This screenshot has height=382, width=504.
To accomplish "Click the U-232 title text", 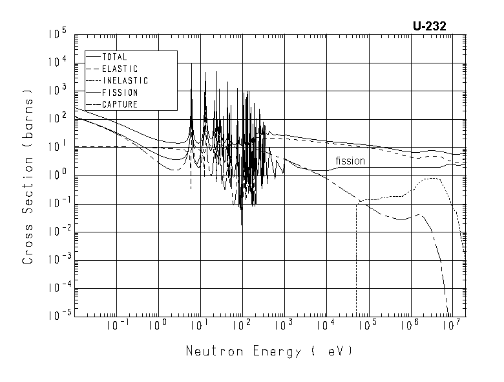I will click(x=429, y=26).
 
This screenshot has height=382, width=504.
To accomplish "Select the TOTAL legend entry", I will click(x=115, y=57).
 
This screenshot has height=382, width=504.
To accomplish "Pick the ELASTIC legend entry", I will click(x=120, y=69).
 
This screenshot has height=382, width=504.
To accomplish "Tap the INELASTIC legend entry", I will click(x=125, y=81).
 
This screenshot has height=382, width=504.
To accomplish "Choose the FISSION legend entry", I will click(x=120, y=93).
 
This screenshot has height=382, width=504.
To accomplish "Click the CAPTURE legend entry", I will click(x=120, y=104).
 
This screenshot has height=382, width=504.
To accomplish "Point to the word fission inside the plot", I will click(x=350, y=161).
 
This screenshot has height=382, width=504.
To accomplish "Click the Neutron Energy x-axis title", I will click(x=270, y=352).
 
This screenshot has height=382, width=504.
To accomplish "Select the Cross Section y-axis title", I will click(x=28, y=176).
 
